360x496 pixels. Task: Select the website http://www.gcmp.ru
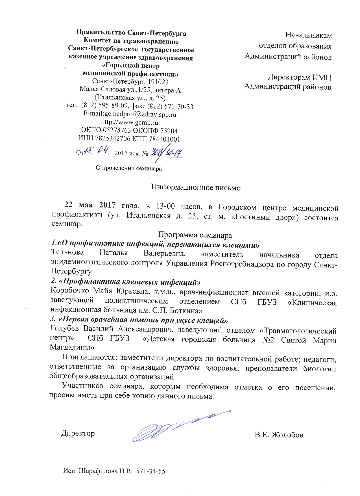[x=130, y=123]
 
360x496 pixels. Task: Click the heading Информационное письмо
[x=196, y=187]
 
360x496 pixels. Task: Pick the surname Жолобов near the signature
[x=287, y=435]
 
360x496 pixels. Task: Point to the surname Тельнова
[x=67, y=252]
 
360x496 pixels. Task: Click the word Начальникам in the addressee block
[x=308, y=35]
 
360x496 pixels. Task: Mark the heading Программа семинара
[x=195, y=235]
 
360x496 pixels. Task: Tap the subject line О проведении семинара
[x=129, y=168]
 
